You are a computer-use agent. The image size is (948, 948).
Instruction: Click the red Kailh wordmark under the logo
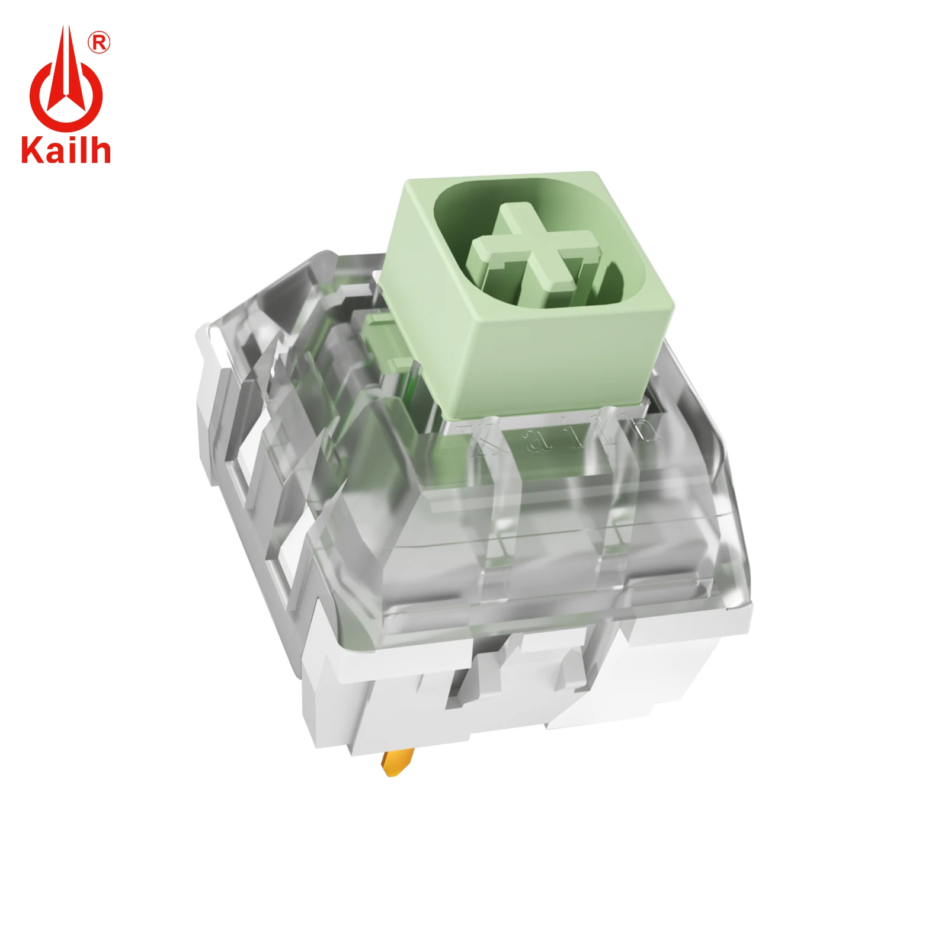[66, 150]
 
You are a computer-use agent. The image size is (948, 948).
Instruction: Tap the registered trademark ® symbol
[99, 43]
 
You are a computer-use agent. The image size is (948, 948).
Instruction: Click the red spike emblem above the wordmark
[66, 83]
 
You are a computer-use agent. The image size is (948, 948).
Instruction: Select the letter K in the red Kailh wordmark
[31, 150]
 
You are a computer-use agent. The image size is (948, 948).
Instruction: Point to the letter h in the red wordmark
[100, 150]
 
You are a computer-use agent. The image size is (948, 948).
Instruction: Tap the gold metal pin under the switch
[398, 762]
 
